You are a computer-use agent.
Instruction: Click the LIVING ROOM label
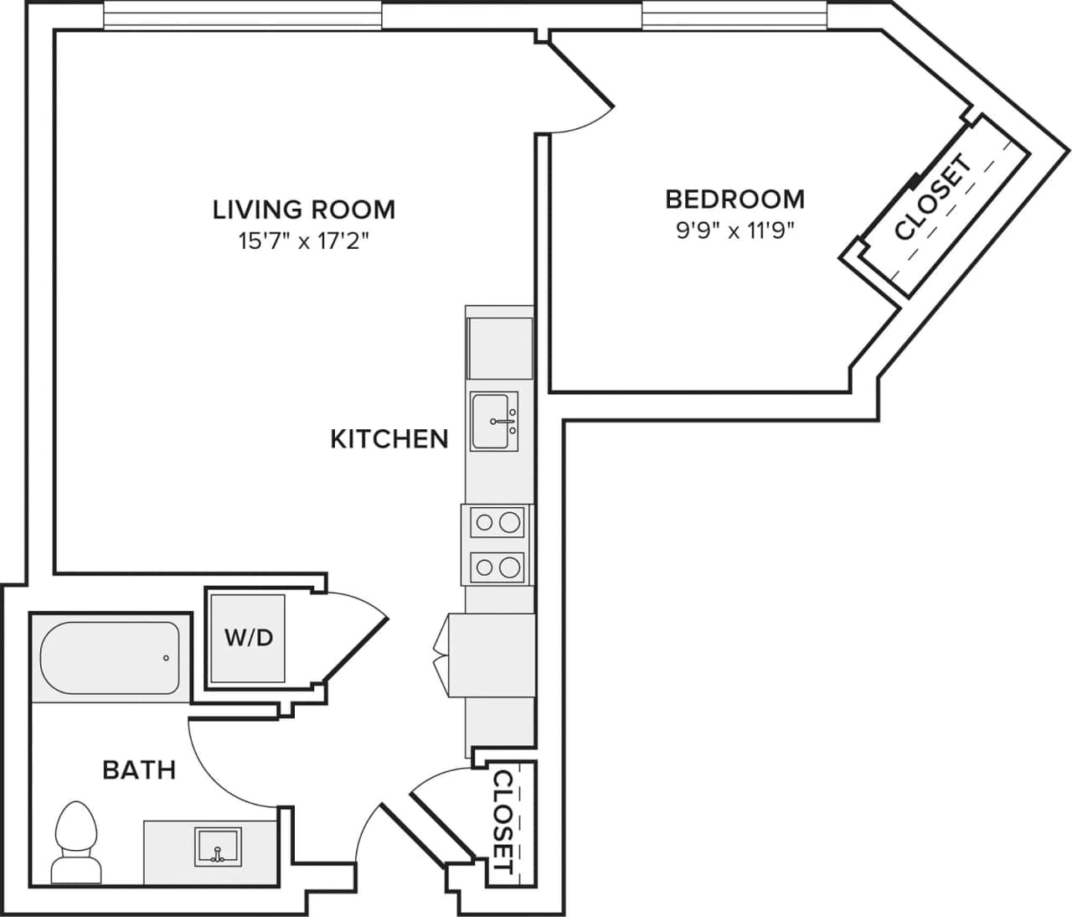[303, 209]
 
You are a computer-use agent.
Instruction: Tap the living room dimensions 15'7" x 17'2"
[303, 241]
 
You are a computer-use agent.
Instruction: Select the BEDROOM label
[734, 199]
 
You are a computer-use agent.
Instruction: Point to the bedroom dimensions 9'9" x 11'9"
[734, 230]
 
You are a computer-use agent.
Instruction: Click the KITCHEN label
[389, 438]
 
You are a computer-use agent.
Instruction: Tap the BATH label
[139, 769]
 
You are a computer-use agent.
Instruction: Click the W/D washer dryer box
[248, 637]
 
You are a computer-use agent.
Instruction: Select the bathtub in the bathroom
[109, 657]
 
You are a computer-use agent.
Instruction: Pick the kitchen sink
[494, 421]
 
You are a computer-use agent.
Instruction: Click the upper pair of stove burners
[496, 524]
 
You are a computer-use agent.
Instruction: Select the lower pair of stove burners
[496, 568]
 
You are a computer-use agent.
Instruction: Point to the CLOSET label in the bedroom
[933, 199]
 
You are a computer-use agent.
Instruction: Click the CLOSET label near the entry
[503, 822]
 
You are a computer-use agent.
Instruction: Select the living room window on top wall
[243, 15]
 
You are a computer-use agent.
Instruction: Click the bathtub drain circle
[166, 658]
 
